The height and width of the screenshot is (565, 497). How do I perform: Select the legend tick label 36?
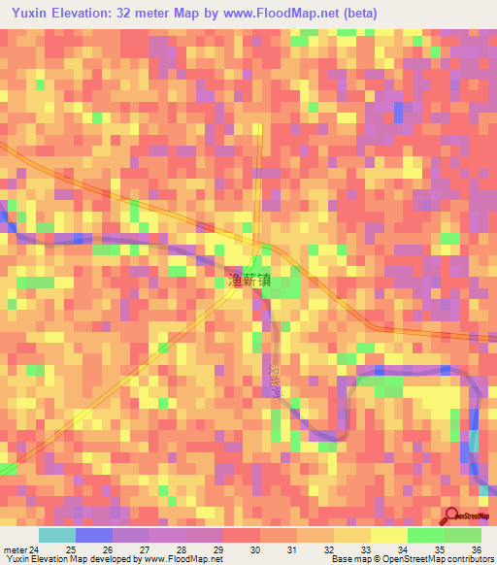click(x=476, y=549)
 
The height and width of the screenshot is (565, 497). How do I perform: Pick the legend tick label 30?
click(x=255, y=549)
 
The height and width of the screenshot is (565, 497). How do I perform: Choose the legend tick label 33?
click(x=366, y=549)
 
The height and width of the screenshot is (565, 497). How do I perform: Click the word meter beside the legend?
click(x=15, y=549)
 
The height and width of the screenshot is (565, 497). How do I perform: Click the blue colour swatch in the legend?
click(x=93, y=535)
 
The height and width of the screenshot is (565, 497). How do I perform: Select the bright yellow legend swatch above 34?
click(x=388, y=535)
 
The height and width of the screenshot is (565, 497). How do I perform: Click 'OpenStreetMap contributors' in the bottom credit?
click(x=440, y=560)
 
